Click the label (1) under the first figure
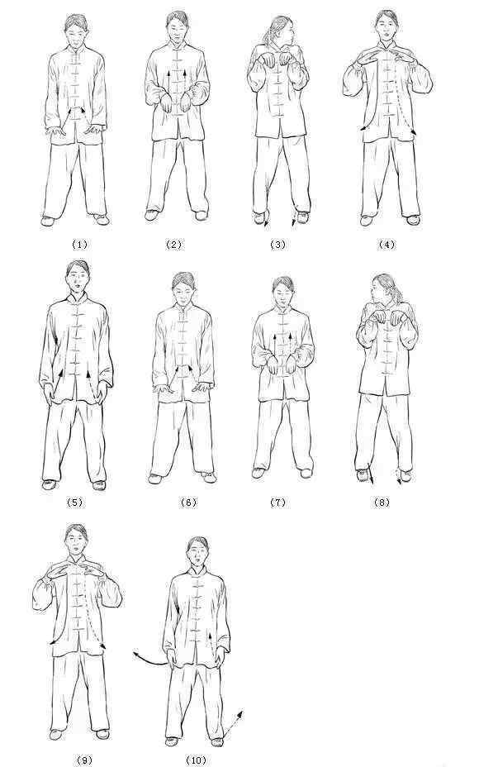point(79,244)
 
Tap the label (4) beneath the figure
point(387,244)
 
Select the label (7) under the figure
point(277,502)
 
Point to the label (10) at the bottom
point(196,760)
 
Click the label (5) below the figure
point(74,502)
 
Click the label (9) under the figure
point(84,760)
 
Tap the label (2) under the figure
point(173,244)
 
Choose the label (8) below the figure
point(382,502)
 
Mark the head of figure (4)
point(387,26)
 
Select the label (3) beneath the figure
point(277,244)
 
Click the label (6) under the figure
point(188,502)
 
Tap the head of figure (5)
point(78,276)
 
